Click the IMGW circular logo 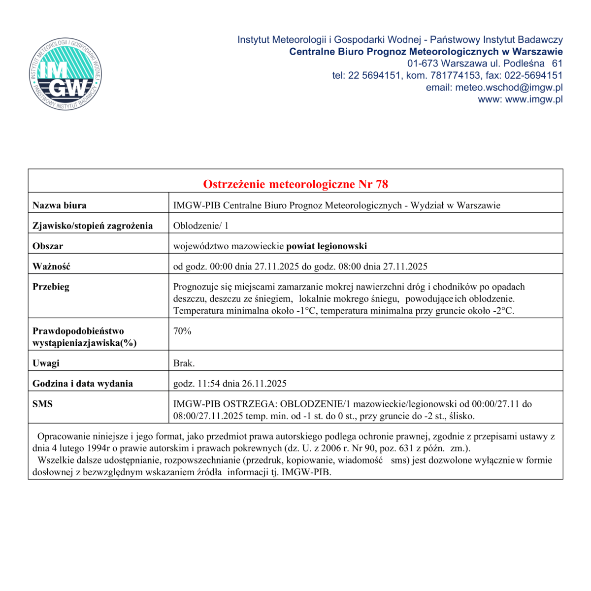pyautogui.click(x=65, y=74)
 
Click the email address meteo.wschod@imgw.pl pyautogui.click(x=509, y=87)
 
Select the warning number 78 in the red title pyautogui.click(x=382, y=184)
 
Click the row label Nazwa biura pyautogui.click(x=59, y=205)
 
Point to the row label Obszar pyautogui.click(x=48, y=246)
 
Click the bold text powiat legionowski pyautogui.click(x=327, y=246)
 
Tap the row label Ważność pyautogui.click(x=51, y=266)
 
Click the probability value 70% pyautogui.click(x=182, y=331)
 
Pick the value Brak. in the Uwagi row pyautogui.click(x=184, y=363)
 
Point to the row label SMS pyautogui.click(x=42, y=404)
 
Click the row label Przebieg pyautogui.click(x=51, y=287)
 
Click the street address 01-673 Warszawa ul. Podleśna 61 pyautogui.click(x=485, y=64)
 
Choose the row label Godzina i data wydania pyautogui.click(x=83, y=384)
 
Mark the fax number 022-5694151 pyautogui.click(x=534, y=75)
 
